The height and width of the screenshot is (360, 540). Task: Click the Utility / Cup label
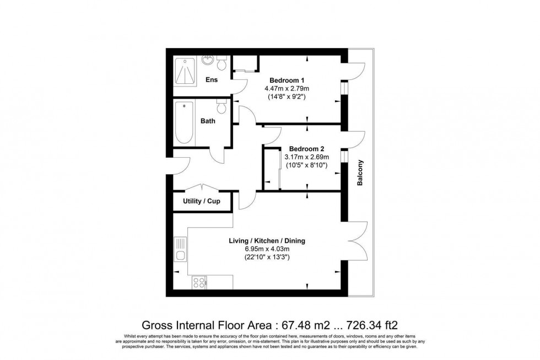point(201,201)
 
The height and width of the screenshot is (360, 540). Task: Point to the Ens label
point(211,80)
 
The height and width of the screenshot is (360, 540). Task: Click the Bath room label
point(208,121)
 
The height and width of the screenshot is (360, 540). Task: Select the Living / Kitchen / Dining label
point(267,241)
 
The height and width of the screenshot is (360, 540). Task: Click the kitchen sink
point(180,249)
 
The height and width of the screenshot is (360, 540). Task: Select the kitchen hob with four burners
point(198,282)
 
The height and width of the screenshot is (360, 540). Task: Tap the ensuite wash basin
point(207,60)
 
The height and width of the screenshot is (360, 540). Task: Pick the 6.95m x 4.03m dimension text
point(267,249)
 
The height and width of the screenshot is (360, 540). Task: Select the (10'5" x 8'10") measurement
point(306,165)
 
